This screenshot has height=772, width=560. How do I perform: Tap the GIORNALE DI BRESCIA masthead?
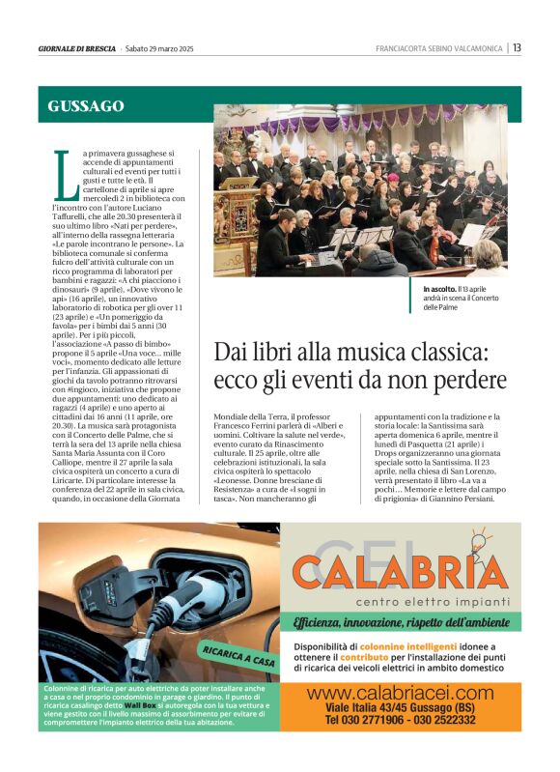coord(77,48)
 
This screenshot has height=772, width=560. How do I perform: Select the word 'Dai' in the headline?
coord(230,352)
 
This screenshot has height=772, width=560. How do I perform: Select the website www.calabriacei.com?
coord(400,693)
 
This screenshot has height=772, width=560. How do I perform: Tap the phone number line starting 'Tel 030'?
coord(400,721)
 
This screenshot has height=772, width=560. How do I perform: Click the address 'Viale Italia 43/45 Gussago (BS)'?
coord(400,708)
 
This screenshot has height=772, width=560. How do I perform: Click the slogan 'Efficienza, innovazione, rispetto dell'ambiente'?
coord(400,622)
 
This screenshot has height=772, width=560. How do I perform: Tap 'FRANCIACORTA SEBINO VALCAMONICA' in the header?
coord(439,48)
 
